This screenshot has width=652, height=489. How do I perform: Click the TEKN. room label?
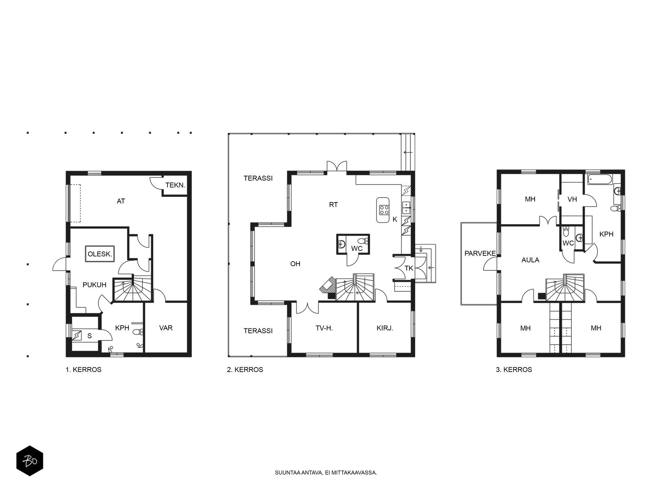coord(175,185)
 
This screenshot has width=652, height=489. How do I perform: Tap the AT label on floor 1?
coord(121,201)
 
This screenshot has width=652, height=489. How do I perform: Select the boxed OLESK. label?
coord(100,254)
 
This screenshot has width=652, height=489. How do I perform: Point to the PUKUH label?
coord(95,285)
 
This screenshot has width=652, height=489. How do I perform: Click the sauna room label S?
coord(89,336)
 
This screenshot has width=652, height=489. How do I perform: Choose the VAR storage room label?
coord(166,328)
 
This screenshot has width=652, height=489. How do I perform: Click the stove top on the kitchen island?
coord(384,210)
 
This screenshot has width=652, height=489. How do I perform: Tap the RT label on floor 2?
coord(333,205)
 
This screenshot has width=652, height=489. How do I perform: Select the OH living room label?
coord(295,264)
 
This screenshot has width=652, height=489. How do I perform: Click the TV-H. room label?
coord(324,328)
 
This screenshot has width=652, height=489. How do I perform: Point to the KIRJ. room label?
coord(385,328)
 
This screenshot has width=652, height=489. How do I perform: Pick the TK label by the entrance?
coord(409,268)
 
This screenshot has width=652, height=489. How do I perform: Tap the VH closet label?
coord(572,199)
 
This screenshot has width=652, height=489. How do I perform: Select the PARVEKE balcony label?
coord(480,253)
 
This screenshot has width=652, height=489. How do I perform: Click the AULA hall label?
coord(530,260)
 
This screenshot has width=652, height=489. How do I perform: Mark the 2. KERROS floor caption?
coord(245,370)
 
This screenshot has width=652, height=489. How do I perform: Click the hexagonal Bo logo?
coord(30,461)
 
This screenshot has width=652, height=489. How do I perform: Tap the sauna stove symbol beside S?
coord(77,335)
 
